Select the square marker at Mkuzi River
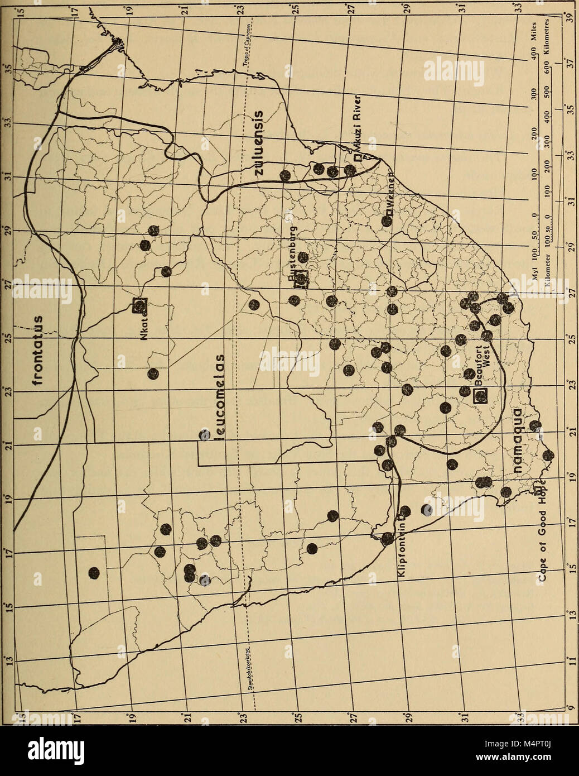(356, 158)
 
